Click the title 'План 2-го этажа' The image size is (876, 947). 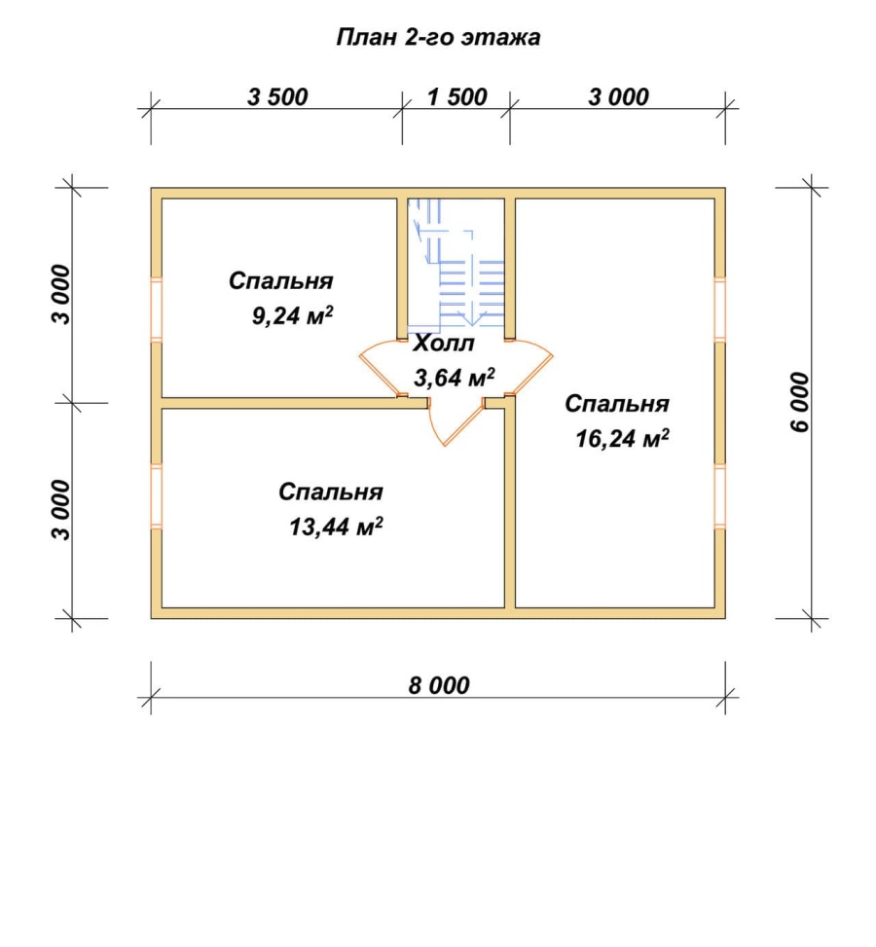438,37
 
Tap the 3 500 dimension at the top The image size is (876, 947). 278,96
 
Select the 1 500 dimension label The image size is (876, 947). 457,96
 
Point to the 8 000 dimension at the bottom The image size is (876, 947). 439,685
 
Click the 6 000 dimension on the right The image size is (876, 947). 799,402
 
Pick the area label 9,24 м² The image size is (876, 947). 292,315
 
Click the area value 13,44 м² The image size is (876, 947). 336,526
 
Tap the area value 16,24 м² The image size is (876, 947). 622,438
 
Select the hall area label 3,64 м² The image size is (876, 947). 455,378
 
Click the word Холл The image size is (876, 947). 444,344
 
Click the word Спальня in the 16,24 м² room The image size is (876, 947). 617,404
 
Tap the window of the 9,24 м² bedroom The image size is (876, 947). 157,310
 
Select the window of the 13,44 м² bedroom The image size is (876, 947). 157,496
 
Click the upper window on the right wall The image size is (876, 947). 719,310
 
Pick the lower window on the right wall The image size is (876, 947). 719,496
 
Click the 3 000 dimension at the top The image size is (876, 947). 619,96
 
